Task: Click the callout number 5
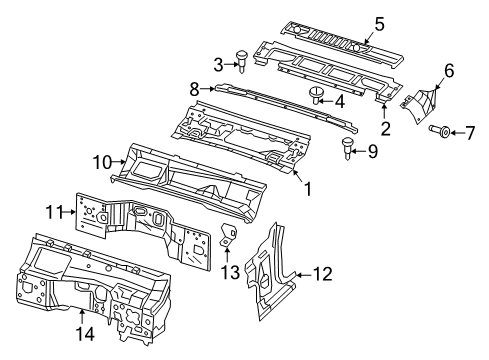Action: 379,22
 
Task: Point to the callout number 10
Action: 101,160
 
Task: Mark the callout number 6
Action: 448,70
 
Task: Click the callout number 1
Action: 308,186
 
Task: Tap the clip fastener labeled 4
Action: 317,94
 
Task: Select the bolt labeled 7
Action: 442,130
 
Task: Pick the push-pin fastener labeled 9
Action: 348,150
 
